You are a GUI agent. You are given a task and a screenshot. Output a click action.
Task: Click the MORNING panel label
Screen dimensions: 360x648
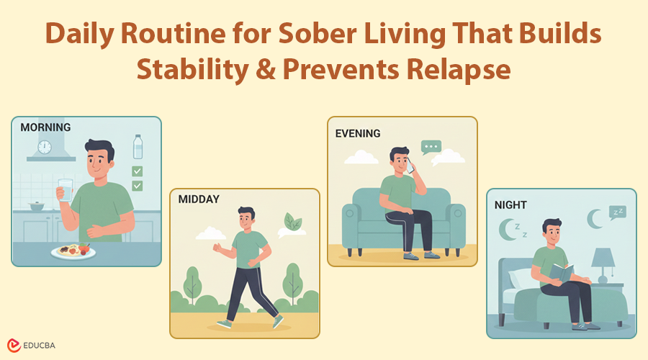(45, 127)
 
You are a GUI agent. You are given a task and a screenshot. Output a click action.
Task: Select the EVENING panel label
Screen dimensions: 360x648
(358, 133)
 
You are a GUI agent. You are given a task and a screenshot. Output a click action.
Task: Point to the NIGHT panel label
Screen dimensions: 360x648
(510, 204)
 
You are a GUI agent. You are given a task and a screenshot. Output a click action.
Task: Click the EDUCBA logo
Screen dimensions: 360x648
(33, 345)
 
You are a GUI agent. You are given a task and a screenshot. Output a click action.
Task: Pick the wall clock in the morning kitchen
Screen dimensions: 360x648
(45, 147)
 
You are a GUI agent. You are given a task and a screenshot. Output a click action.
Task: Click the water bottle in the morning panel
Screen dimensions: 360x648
(138, 147)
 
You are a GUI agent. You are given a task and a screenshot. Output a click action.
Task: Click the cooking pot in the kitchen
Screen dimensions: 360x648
(35, 207)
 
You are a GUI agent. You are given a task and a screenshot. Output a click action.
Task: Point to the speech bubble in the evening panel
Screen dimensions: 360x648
(431, 148)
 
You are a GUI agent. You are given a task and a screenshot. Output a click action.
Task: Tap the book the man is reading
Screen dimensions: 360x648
(562, 273)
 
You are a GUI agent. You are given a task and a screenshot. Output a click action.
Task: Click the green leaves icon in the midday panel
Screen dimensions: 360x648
(292, 221)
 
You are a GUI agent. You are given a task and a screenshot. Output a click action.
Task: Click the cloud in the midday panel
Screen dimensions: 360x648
(211, 233)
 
